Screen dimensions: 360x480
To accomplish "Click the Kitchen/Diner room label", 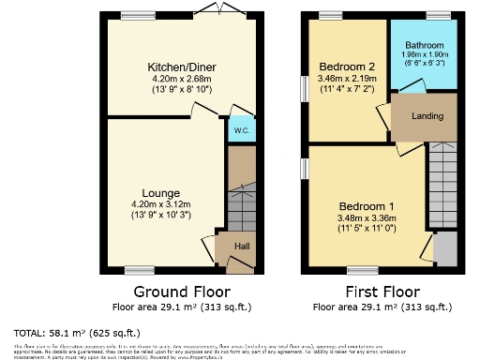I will tap(170, 67).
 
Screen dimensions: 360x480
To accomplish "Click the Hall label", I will tap(242, 247).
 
